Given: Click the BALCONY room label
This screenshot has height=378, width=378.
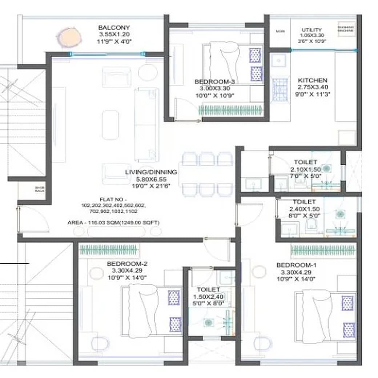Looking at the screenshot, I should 114,28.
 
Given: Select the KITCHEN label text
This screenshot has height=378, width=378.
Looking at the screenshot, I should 312,80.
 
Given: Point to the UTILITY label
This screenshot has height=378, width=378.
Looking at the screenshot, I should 311,30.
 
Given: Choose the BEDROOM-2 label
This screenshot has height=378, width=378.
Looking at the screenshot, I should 127,264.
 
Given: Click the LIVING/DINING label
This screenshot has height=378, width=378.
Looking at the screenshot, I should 151,172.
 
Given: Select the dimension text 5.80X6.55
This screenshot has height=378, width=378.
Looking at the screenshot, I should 151,179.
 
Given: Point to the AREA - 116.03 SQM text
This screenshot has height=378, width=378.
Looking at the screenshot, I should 113,222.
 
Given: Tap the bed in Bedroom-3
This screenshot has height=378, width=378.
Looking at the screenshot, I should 233,64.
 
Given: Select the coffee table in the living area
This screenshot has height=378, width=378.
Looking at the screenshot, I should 110,125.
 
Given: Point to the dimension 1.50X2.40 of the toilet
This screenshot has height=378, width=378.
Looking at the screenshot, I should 208,297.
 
